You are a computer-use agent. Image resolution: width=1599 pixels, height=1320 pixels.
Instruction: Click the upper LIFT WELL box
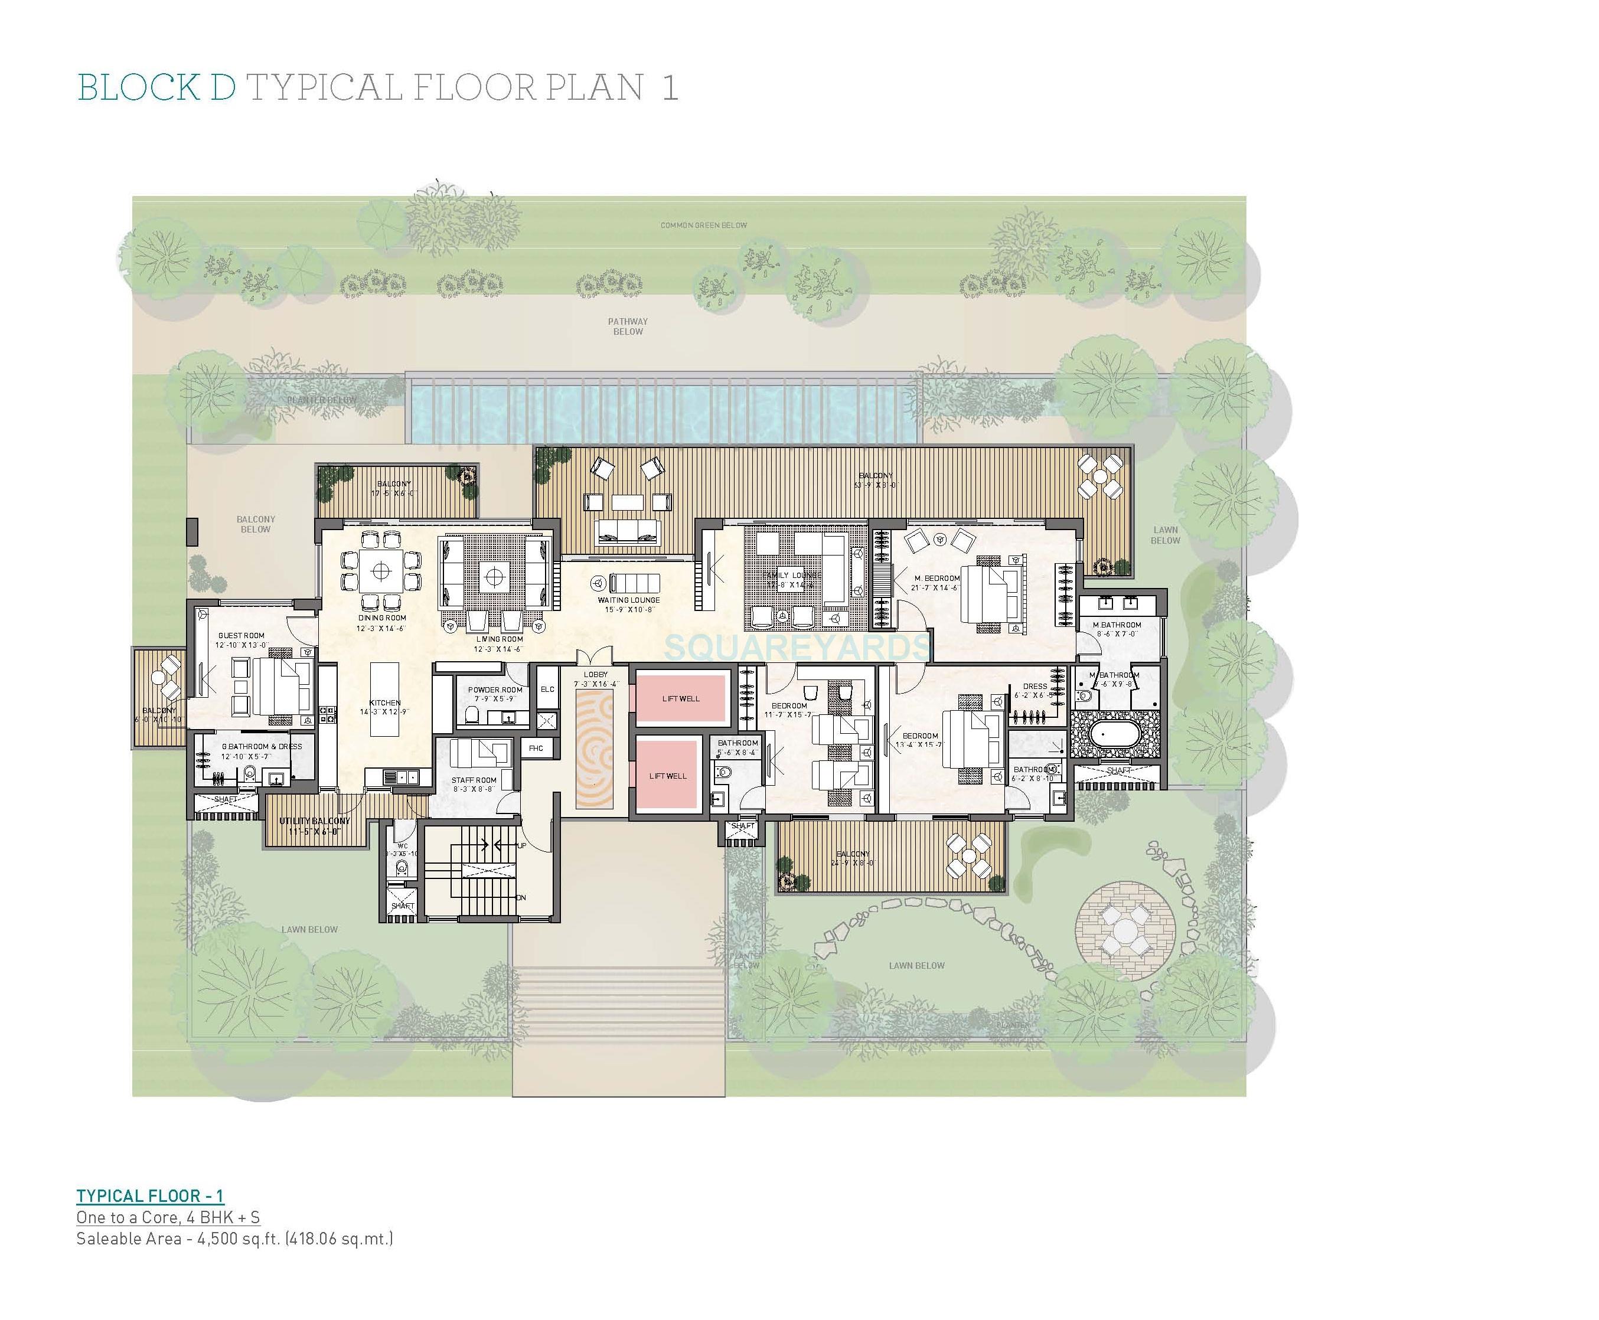pos(680,698)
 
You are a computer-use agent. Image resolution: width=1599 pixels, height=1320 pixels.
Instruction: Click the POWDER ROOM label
pos(495,690)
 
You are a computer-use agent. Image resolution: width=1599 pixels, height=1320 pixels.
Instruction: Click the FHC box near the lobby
pos(536,748)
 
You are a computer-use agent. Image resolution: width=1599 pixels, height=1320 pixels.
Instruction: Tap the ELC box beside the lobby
pos(547,689)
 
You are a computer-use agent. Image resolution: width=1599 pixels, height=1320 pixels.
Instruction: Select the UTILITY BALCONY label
pos(314,821)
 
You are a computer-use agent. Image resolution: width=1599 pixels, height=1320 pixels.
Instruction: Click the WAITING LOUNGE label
pos(628,600)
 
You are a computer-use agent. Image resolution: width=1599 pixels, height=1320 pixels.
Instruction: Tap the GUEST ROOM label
pos(241,635)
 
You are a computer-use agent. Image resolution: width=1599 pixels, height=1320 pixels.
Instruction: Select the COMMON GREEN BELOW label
pos(703,225)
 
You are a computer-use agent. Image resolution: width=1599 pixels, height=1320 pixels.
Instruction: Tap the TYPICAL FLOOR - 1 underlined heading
pos(150,1196)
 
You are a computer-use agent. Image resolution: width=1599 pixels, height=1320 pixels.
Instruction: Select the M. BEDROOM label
pos(936,578)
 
